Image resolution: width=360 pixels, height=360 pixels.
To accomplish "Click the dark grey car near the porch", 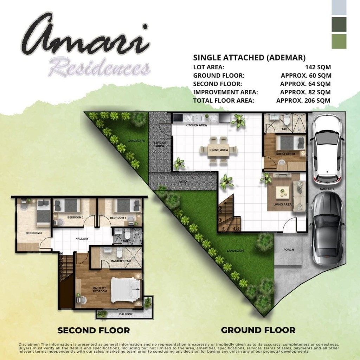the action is click(328, 228).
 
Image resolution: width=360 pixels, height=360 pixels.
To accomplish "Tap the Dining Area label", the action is click(219, 150).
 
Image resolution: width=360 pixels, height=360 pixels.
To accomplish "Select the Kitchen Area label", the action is click(196, 125).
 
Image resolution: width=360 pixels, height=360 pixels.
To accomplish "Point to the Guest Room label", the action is click(285, 154).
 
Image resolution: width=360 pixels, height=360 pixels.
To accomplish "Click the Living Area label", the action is click(282, 204).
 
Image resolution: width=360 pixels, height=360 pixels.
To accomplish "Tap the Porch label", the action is click(289, 250).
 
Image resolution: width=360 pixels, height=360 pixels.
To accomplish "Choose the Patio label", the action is click(182, 182).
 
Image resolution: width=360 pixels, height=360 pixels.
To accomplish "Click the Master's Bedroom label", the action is click(99, 290).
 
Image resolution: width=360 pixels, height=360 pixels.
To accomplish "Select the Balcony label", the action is click(126, 314).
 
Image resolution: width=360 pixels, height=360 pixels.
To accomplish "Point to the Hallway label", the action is click(82, 239).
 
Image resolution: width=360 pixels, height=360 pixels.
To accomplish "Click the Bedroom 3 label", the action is click(34, 233).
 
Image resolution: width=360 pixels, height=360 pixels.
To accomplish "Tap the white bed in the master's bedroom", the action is click(126, 290).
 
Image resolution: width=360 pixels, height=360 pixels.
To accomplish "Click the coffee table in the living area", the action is click(283, 192).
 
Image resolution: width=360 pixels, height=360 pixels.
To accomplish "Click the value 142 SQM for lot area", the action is click(318, 67).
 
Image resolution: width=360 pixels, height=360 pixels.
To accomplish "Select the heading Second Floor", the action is click(94, 330).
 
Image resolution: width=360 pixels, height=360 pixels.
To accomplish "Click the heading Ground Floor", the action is click(258, 330).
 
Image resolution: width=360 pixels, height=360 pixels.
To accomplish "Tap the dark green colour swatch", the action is click(339, 24).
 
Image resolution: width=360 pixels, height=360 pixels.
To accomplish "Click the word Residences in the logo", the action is click(99, 68).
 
